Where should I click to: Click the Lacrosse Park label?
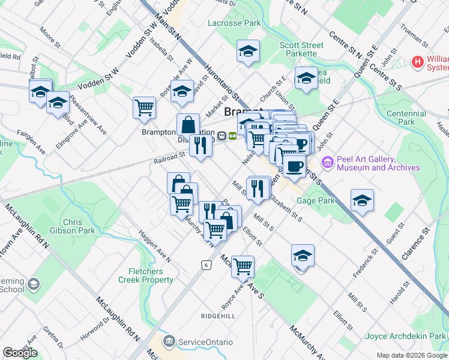pyautogui.click(x=234, y=23)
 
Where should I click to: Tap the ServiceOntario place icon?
pyautogui.click(x=170, y=341)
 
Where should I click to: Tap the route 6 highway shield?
pyautogui.click(x=206, y=264)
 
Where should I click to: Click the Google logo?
pyautogui.click(x=20, y=353)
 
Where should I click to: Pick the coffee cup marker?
pyautogui.click(x=294, y=166)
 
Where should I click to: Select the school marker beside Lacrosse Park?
pyautogui.click(x=247, y=52)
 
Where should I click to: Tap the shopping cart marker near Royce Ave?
pyautogui.click(x=243, y=267)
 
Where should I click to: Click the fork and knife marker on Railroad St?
pyautogui.click(x=200, y=146)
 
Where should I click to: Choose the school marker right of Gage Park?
pyautogui.click(x=362, y=201)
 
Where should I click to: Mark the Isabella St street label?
pyautogui.click(x=161, y=50)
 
